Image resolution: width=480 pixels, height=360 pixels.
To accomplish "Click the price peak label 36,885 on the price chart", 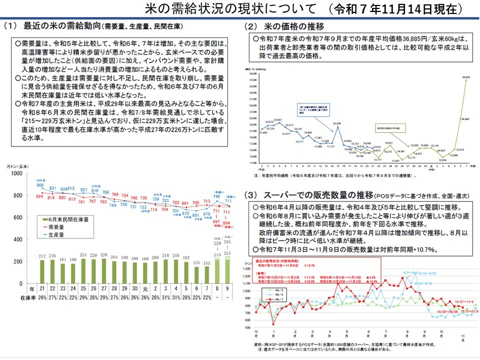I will point(466,77).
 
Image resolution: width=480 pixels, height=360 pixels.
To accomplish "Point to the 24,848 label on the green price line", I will point(464,119).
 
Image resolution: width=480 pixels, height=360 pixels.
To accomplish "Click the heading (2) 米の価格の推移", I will point(285,26).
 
